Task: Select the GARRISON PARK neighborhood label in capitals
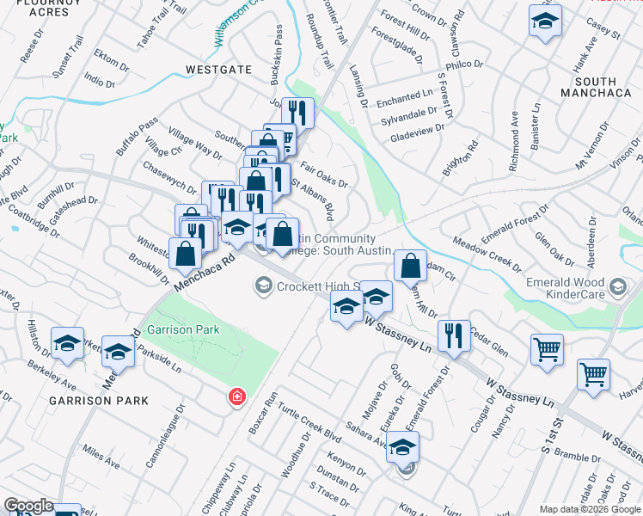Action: click(x=98, y=401)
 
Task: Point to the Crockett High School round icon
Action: click(x=263, y=286)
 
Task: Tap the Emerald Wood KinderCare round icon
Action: click(x=615, y=286)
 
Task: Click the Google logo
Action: click(x=28, y=506)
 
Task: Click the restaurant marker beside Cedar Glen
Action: click(x=453, y=335)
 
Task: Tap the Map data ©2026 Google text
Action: click(x=591, y=509)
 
